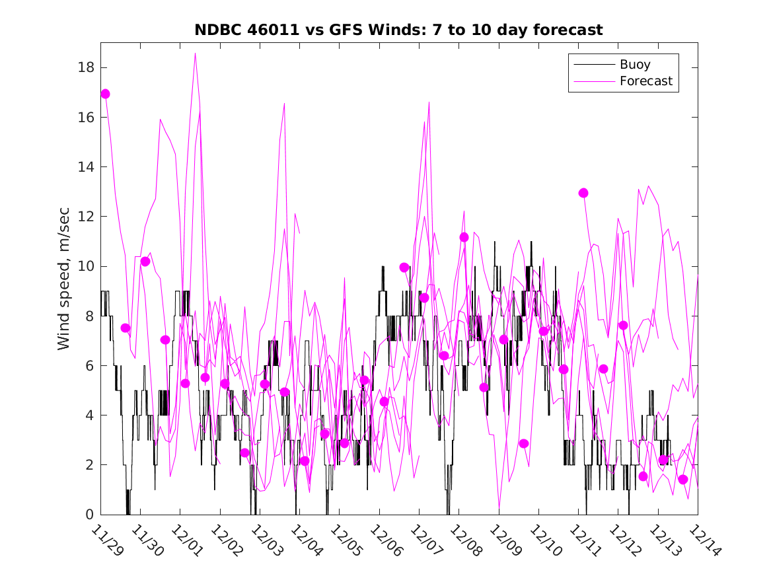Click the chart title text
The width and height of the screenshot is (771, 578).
pyautogui.click(x=398, y=30)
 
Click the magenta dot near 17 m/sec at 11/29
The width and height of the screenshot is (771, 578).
pyautogui.click(x=105, y=94)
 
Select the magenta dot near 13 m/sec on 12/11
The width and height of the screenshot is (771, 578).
pyautogui.click(x=583, y=193)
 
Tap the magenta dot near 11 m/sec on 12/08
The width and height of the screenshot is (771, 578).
pyautogui.click(x=464, y=237)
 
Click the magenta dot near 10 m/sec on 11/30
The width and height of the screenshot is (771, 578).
pyautogui.click(x=145, y=262)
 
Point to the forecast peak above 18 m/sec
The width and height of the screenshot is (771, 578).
pyautogui.click(x=195, y=54)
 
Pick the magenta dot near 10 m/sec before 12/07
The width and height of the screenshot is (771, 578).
pyautogui.click(x=404, y=268)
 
